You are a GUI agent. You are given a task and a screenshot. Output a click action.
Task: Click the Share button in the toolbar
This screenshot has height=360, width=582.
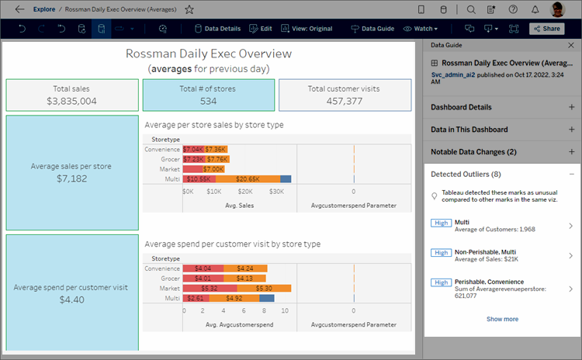[x=546, y=29]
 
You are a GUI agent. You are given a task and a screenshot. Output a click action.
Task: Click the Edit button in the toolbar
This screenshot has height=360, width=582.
[x=260, y=29]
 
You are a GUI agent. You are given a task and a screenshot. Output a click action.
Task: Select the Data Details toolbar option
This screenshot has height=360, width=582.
[x=217, y=29]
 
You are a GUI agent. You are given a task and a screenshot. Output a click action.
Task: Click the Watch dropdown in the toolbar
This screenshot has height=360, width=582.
[x=420, y=29]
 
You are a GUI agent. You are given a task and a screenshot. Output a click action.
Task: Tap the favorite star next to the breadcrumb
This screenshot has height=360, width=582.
[x=189, y=9]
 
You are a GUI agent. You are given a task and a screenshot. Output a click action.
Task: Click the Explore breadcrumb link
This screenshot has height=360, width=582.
[x=44, y=9]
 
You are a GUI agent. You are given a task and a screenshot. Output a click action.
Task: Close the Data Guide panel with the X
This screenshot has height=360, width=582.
[x=571, y=46]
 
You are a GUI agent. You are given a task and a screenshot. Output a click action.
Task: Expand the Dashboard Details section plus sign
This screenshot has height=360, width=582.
[x=571, y=107]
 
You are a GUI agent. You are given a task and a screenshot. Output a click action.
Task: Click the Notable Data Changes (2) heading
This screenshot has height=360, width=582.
[x=473, y=152]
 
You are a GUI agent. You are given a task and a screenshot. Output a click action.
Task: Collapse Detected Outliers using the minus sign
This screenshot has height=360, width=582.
[x=571, y=175]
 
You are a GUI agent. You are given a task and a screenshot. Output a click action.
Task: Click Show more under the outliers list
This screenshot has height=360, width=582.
[x=502, y=319]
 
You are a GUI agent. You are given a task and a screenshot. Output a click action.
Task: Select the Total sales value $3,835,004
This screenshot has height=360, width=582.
[x=71, y=101]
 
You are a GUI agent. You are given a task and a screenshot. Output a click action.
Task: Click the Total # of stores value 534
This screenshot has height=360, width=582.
[x=208, y=101]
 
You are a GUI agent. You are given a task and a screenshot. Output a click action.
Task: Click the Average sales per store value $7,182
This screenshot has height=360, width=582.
[x=71, y=178]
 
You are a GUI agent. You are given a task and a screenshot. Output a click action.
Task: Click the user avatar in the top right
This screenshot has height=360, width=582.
[x=557, y=9]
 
